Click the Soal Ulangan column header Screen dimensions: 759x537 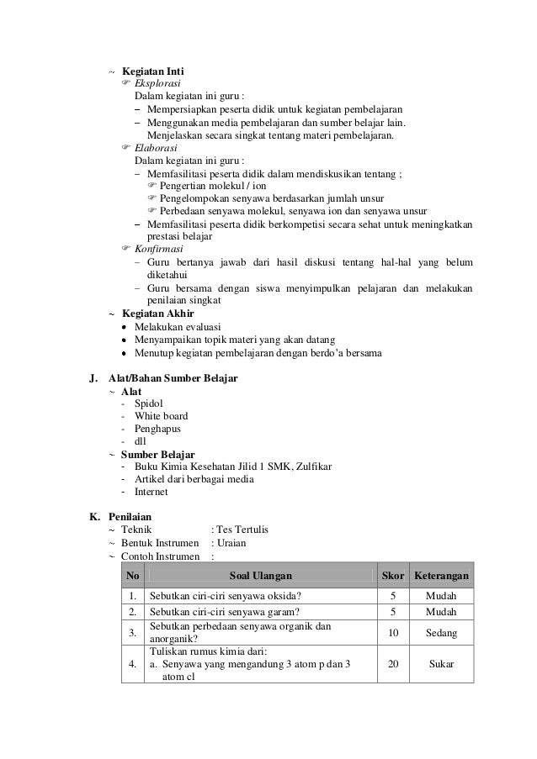click(261, 576)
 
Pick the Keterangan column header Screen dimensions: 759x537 click(441, 576)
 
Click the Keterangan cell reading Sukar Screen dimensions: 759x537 click(441, 663)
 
